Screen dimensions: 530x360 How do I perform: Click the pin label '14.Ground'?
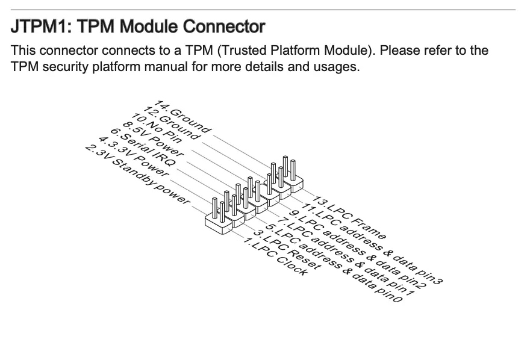(183, 116)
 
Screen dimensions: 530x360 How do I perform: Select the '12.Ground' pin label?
(172, 123)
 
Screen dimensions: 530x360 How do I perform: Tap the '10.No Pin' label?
(156, 128)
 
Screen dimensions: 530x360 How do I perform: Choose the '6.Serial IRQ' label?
(143, 147)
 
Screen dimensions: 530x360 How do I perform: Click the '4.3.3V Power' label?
(133, 157)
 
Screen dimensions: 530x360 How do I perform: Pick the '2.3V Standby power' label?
(137, 174)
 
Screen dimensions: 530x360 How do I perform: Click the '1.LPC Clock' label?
(275, 256)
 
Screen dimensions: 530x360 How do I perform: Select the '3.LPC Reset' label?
(287, 249)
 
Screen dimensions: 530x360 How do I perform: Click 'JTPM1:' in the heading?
(41, 26)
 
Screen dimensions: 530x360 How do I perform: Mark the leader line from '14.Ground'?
(242, 151)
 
